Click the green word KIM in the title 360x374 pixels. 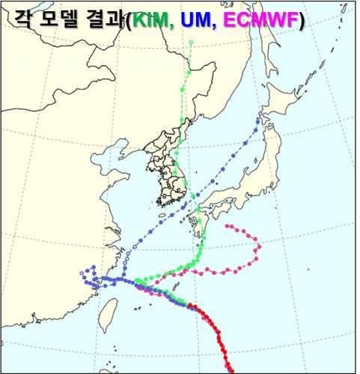click(151, 23)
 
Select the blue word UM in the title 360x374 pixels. click(197, 23)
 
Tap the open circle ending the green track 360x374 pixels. click(192, 43)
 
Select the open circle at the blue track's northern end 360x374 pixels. click(260, 114)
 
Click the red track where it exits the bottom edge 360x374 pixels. click(231, 369)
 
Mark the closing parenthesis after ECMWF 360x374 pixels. click(300, 23)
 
